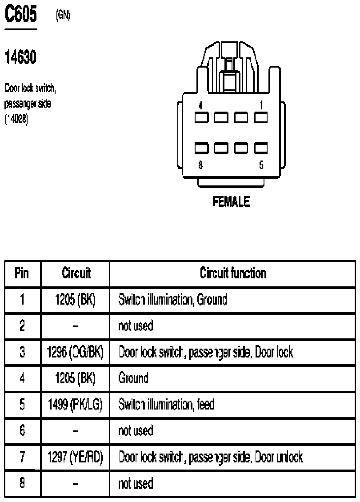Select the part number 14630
point(20,57)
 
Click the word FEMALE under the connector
point(231,202)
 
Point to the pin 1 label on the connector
point(261,105)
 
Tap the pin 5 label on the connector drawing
point(261,165)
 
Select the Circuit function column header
point(233,273)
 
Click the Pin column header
point(22,273)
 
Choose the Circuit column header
point(76,273)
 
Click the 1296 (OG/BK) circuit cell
point(75,352)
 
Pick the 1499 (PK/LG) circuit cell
point(75,404)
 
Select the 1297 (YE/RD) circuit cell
point(75,457)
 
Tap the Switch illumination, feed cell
point(167,404)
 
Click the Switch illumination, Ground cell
point(173,300)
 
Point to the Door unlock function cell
point(211,457)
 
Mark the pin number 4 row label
point(22,378)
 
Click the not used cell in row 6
point(136,430)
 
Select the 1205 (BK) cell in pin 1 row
point(75,300)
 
